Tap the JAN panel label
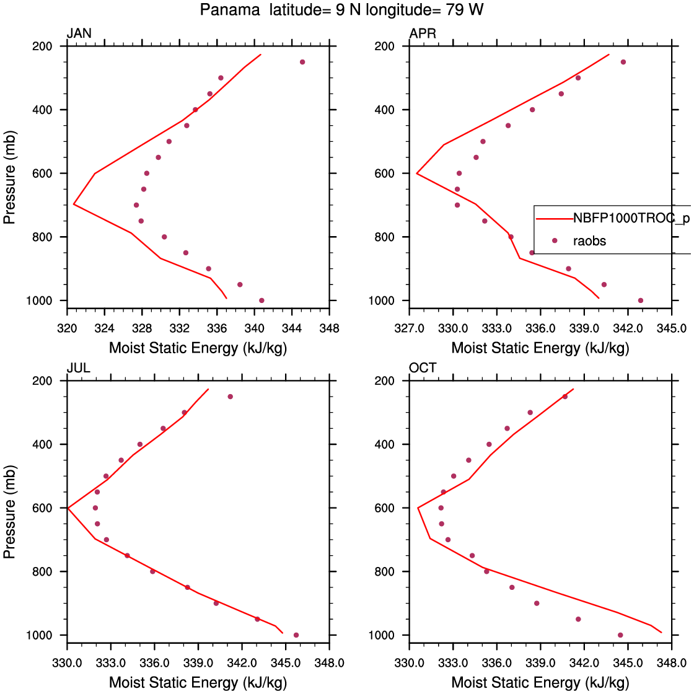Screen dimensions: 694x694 pyautogui.click(x=79, y=33)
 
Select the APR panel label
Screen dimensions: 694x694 pyautogui.click(x=423, y=33)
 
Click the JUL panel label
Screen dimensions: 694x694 pyautogui.click(x=79, y=368)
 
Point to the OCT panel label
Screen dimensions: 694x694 pyautogui.click(x=423, y=368)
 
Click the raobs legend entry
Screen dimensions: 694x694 pyautogui.click(x=590, y=241)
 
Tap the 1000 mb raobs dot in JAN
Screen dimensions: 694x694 pyautogui.click(x=261, y=301)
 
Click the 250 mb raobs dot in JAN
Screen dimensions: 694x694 pyautogui.click(x=302, y=62)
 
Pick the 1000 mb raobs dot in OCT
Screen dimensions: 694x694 pyautogui.click(x=620, y=635)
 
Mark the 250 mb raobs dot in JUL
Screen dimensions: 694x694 pyautogui.click(x=230, y=397)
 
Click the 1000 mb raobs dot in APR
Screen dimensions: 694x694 pyautogui.click(x=640, y=301)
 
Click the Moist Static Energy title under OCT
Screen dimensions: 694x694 pyautogui.click(x=540, y=683)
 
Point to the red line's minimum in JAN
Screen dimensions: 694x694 pyautogui.click(x=74, y=204)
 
